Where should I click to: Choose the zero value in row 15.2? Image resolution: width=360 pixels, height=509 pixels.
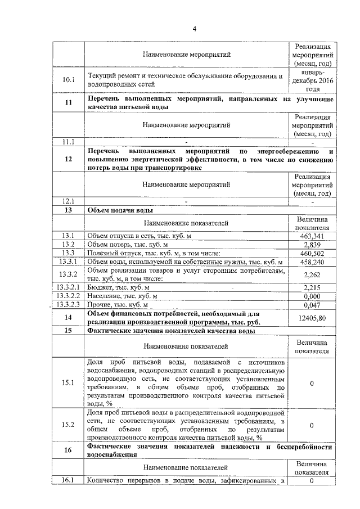pos(311,425)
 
